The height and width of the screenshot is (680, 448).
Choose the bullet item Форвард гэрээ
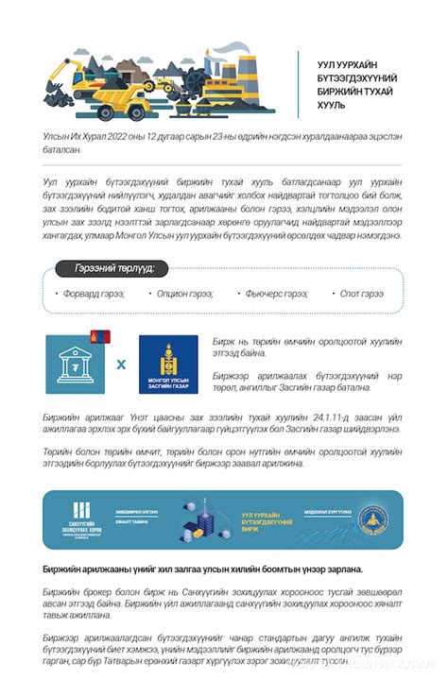click(91, 294)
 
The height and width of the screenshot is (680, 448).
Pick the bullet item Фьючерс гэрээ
click(274, 294)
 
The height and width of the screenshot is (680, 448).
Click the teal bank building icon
click(75, 365)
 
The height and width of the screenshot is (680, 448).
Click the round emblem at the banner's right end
click(373, 520)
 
